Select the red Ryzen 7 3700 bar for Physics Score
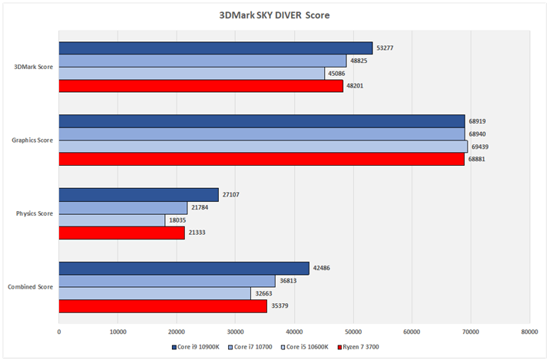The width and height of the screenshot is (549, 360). tap(122, 233)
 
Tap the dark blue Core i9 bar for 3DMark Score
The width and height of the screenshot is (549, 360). tap(216, 48)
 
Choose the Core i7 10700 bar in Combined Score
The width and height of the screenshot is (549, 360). tap(167, 281)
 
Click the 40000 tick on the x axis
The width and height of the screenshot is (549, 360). tap(294, 332)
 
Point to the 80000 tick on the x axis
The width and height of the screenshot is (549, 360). tap(529, 332)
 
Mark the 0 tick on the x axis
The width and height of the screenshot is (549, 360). tap(59, 332)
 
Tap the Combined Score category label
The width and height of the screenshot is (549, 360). tap(31, 287)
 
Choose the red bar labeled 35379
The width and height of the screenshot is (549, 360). tap(163, 306)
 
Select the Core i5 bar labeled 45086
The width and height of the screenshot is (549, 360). tap(192, 73)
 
